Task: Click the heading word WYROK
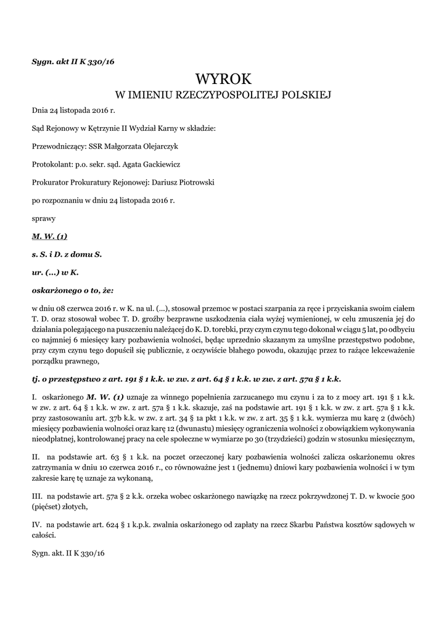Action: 223,78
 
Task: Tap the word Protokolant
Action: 51,164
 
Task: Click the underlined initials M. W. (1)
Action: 49,236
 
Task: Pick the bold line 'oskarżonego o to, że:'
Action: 73,289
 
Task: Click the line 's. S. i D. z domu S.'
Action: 67,254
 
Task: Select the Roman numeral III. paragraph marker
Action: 37,496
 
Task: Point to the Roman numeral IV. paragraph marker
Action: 36,525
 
